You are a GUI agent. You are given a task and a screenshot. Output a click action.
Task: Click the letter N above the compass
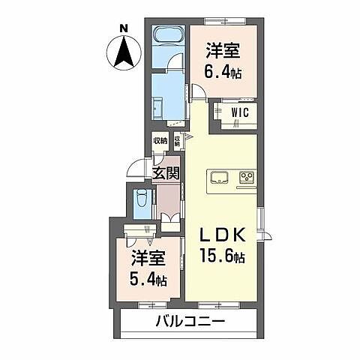[x=124, y=29]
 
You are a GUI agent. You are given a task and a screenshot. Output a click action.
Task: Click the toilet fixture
[x=141, y=200]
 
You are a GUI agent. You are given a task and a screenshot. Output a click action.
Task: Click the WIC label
[x=241, y=112]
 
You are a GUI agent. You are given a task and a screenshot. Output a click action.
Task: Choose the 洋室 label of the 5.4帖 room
[x=148, y=257]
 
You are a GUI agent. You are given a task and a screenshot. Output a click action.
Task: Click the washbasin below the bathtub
[x=161, y=106]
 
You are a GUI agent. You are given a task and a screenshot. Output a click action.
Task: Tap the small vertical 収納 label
[x=178, y=139]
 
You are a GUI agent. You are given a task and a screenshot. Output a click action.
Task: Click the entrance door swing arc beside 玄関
[x=135, y=171]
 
